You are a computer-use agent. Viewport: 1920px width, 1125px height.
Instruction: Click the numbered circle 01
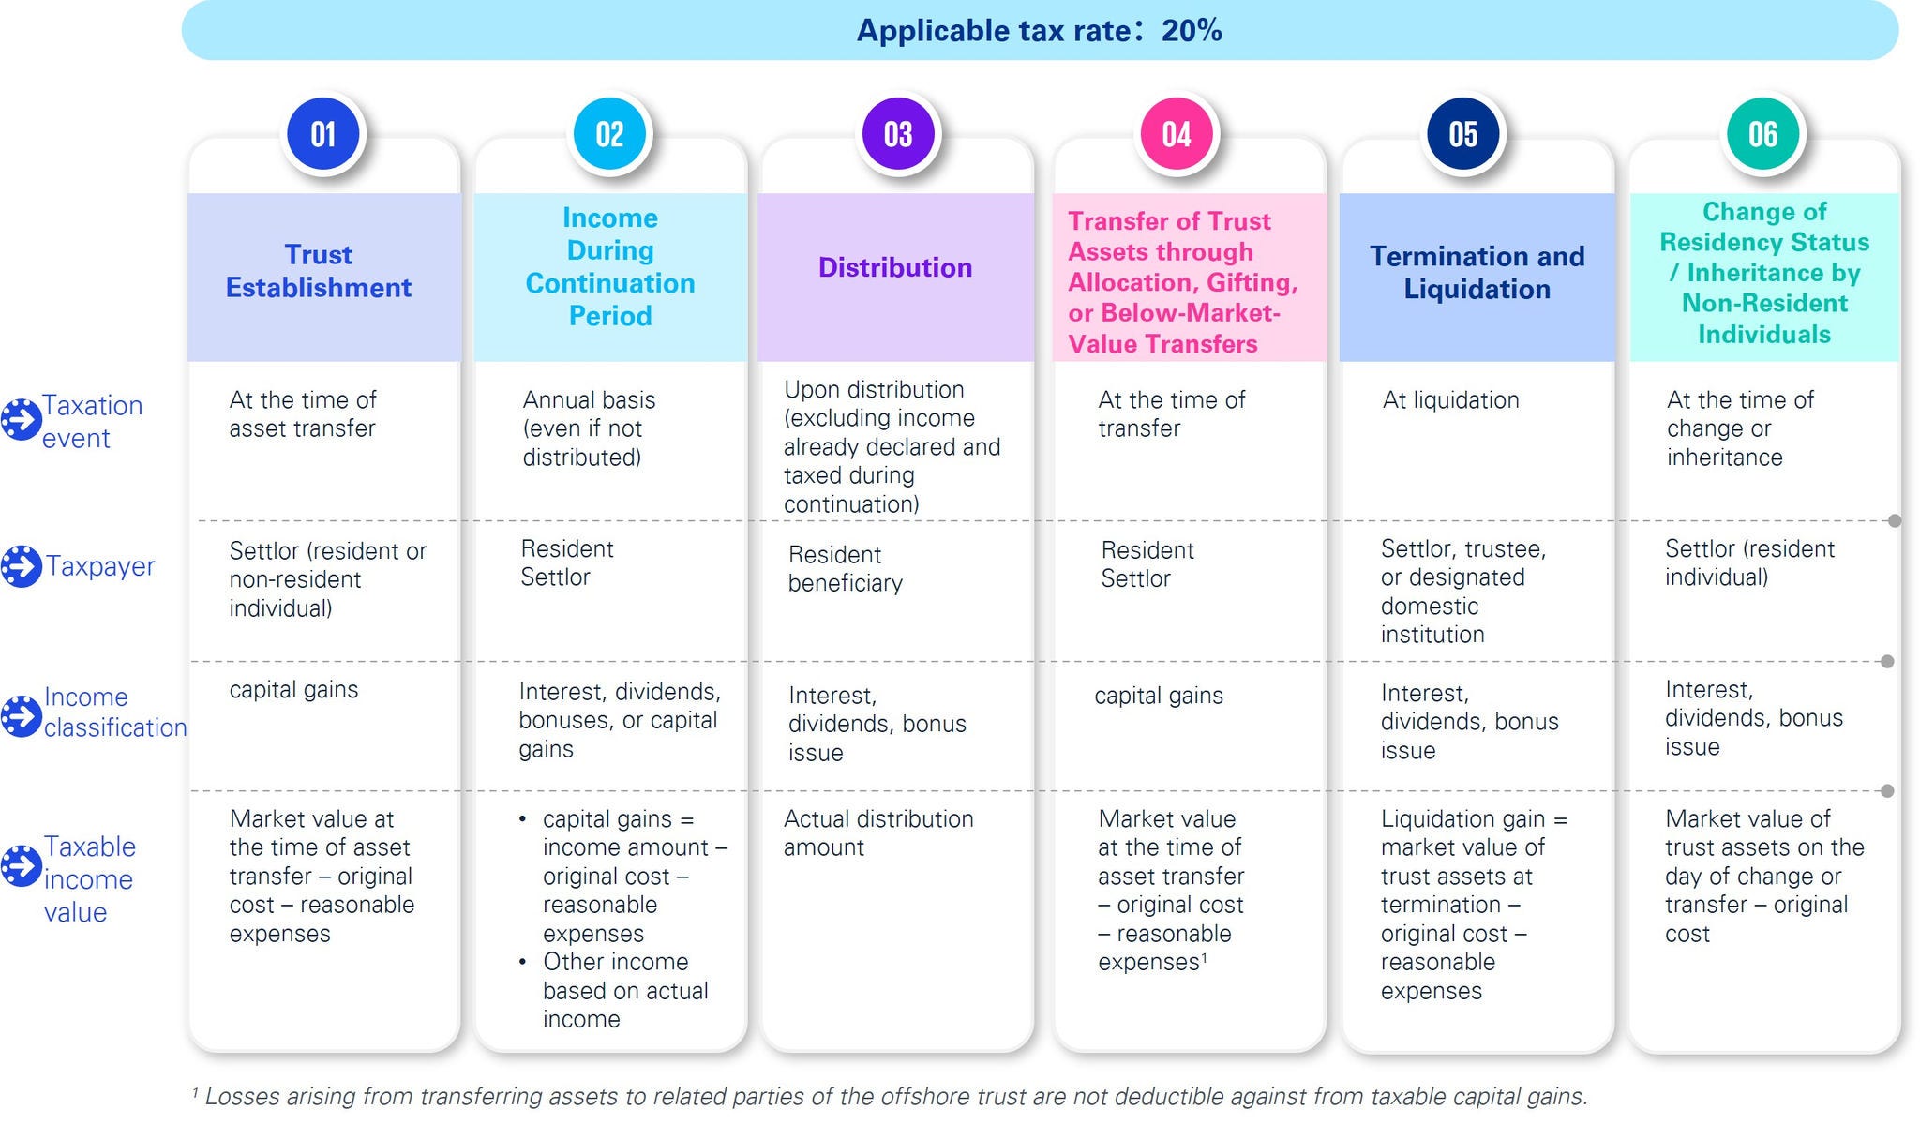tap(323, 134)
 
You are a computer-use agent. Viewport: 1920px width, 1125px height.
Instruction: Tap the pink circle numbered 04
tap(1177, 134)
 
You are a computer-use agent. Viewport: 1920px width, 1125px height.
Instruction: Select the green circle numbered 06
tap(1762, 134)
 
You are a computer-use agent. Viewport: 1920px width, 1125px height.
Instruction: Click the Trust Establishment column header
tap(319, 271)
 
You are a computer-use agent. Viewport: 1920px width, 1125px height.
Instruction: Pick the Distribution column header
tap(895, 267)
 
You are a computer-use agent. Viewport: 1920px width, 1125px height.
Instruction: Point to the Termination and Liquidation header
tap(1477, 272)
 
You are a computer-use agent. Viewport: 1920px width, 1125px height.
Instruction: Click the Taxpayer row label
tap(100, 566)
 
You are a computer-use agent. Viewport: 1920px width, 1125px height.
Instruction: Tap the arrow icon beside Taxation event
tap(21, 419)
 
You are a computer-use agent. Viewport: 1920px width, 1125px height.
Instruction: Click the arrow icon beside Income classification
tap(21, 715)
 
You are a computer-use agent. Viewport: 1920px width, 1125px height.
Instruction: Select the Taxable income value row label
tap(90, 878)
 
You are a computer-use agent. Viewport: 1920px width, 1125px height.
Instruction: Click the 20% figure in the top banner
tap(1192, 31)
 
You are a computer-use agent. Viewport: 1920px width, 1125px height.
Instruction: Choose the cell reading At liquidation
tap(1450, 400)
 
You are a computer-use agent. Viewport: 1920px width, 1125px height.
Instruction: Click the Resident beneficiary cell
tap(846, 568)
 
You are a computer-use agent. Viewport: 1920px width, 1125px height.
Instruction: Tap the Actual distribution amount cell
tap(878, 832)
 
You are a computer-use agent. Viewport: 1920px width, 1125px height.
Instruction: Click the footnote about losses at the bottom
tap(890, 1096)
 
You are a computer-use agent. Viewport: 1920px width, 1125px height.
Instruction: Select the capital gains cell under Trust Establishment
tap(293, 690)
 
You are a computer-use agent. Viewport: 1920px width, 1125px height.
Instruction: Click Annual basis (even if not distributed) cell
tap(589, 428)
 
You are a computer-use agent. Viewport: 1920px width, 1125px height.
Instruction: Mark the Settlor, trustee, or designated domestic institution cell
tap(1462, 592)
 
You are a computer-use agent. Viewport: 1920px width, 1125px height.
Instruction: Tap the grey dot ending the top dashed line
tap(1895, 521)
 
